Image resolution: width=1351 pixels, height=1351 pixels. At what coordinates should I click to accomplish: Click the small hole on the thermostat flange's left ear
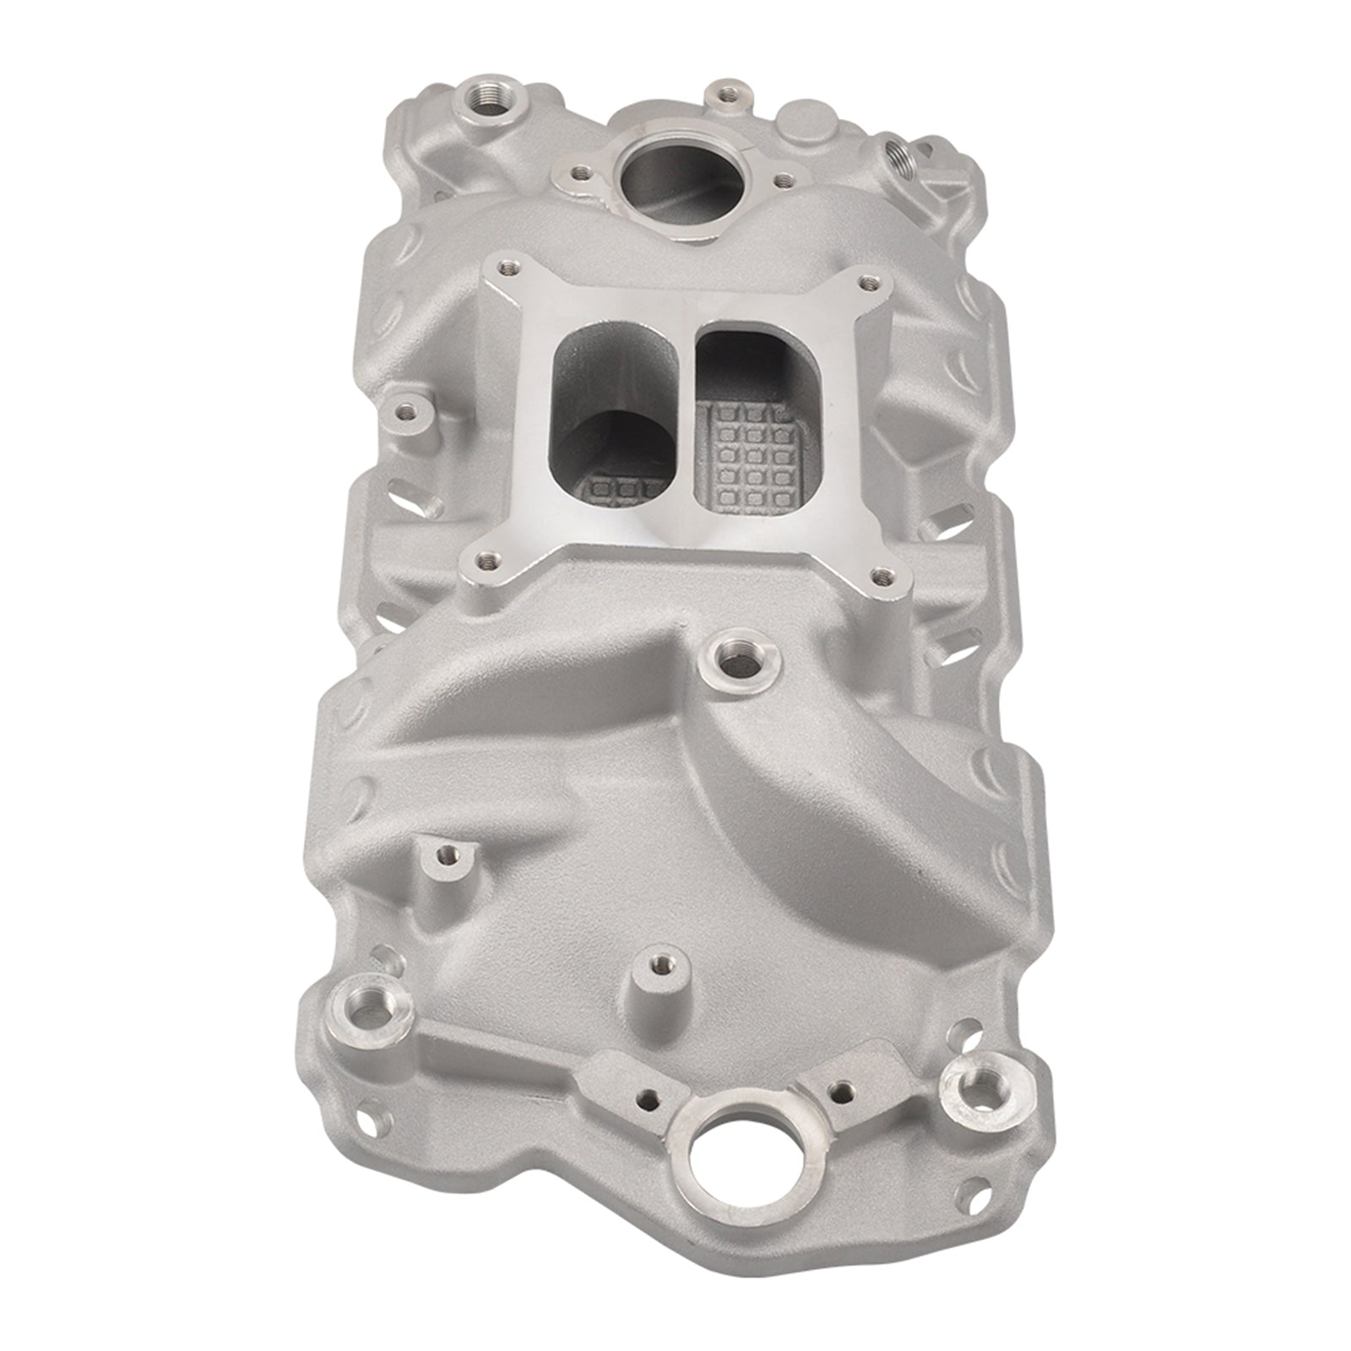click(x=647, y=1099)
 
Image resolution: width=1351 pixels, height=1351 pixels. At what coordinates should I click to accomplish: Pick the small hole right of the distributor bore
click(x=784, y=179)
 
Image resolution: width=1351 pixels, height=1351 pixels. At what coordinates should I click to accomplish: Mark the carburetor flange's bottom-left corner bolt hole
click(x=484, y=558)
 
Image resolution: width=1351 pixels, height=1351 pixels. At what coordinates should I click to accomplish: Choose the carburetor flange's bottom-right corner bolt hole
click(x=883, y=576)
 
